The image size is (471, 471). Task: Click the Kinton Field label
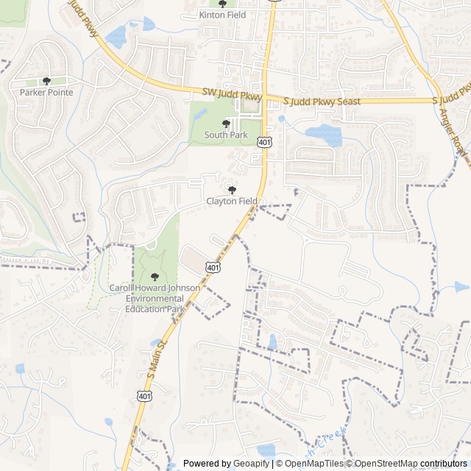tap(222, 15)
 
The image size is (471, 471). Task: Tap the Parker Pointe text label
tap(46, 93)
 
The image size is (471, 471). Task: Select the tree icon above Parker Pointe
tap(46, 81)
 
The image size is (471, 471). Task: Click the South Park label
tap(226, 135)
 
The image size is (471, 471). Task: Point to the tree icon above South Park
tap(226, 124)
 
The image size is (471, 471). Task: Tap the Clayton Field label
tap(232, 201)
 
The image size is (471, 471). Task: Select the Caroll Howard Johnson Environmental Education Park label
tap(155, 298)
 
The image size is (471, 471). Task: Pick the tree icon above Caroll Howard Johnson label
tap(154, 276)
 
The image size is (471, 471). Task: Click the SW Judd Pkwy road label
tap(232, 94)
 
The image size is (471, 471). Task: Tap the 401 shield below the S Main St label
tap(141, 396)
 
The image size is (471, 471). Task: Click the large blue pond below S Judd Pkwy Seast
tap(323, 135)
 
